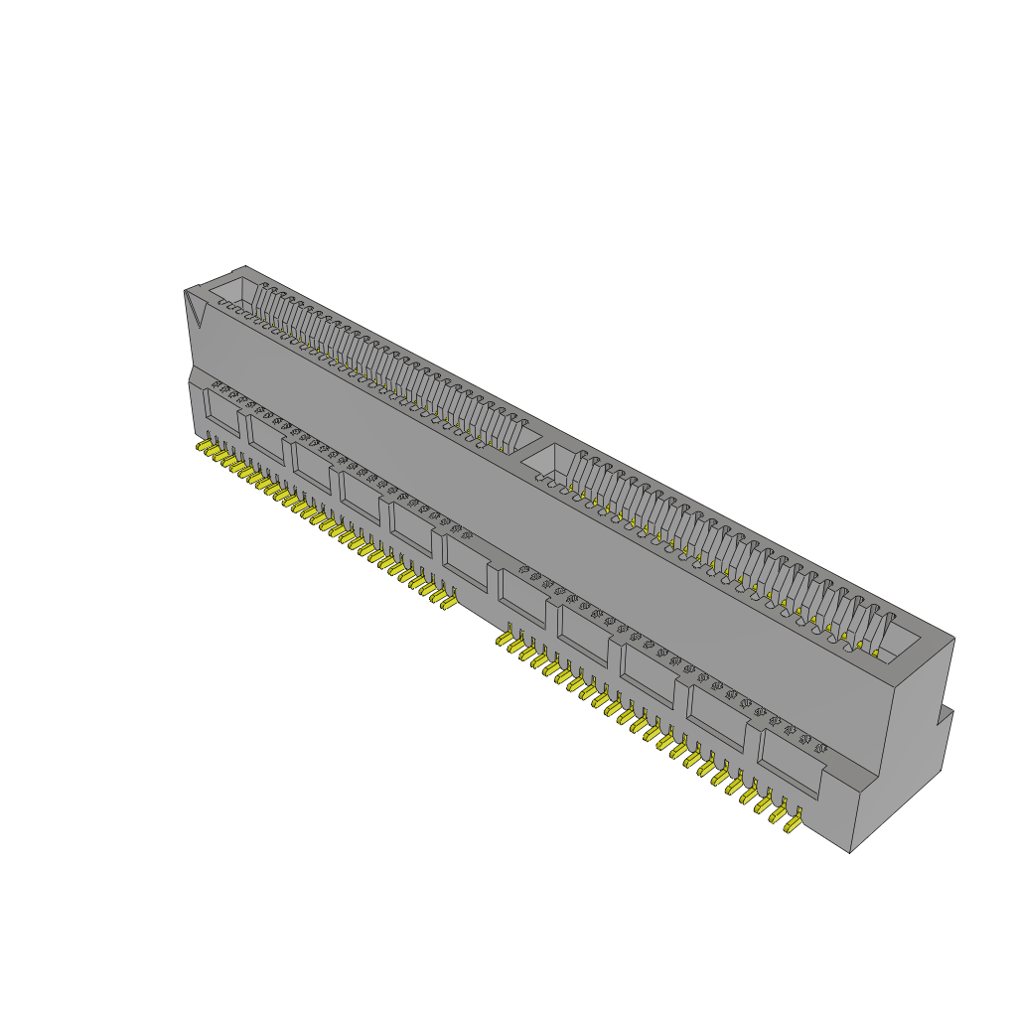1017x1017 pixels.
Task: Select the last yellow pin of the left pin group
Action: pos(449,601)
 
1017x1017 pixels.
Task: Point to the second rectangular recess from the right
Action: pos(717,718)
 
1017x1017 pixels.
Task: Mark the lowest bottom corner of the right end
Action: pos(850,852)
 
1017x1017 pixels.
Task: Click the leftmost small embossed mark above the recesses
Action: pos(216,383)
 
